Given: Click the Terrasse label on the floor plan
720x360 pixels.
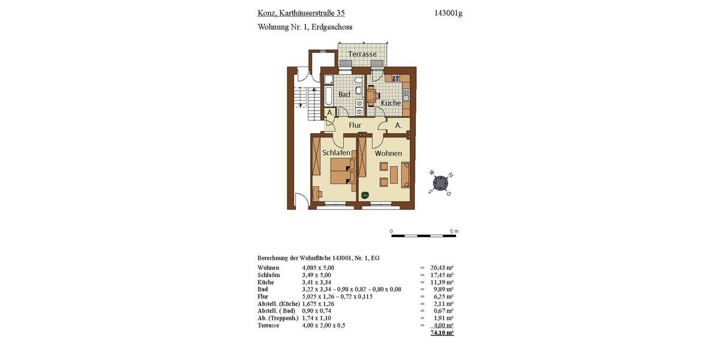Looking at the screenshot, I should tap(362, 54).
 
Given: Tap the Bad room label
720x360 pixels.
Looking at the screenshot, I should tap(344, 95).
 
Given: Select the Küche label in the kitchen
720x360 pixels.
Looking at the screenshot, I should tap(391, 103).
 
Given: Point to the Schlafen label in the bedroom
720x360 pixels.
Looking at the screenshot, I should tap(336, 153).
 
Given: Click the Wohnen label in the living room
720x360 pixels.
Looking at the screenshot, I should tap(388, 154).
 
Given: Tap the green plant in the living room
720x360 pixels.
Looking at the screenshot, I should tap(365, 194).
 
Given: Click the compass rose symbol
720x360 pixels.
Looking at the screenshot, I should tap(441, 183).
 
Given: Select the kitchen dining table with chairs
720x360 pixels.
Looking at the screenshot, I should tap(371, 95).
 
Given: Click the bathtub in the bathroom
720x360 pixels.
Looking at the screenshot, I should tap(329, 96).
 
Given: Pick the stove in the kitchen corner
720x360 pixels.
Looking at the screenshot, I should tap(397, 78).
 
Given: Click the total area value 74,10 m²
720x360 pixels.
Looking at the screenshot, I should tap(442, 332).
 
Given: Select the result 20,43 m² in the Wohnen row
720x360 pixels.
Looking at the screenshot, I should tap(442, 268).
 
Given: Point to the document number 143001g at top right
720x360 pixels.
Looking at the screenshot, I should tap(448, 13).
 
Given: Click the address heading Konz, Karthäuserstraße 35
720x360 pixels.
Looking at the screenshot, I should tap(301, 13).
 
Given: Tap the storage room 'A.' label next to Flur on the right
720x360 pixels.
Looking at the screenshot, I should tap(398, 125).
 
